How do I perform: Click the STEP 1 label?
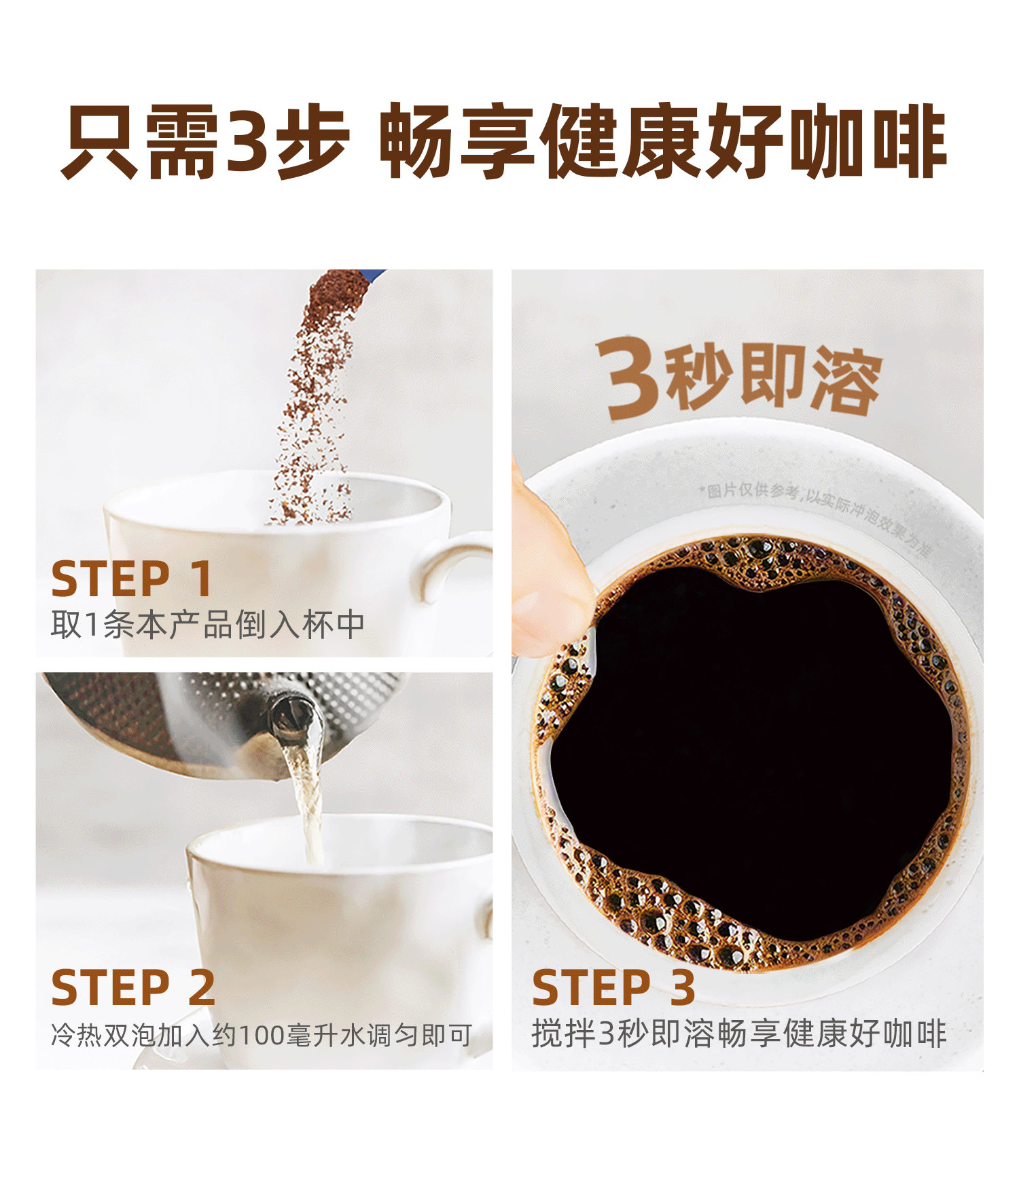pyautogui.click(x=132, y=579)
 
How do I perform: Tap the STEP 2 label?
pyautogui.click(x=133, y=987)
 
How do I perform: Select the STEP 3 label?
pyautogui.click(x=613, y=987)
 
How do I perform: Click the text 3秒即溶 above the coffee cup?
pyautogui.click(x=738, y=378)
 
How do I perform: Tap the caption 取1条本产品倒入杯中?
pyautogui.click(x=208, y=625)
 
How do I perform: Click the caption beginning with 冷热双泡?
pyautogui.click(x=262, y=1035)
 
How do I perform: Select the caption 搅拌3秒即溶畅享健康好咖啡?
pyautogui.click(x=739, y=1034)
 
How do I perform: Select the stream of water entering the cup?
pyautogui.click(x=308, y=801)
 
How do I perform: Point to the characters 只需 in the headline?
pyautogui.click(x=140, y=142)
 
